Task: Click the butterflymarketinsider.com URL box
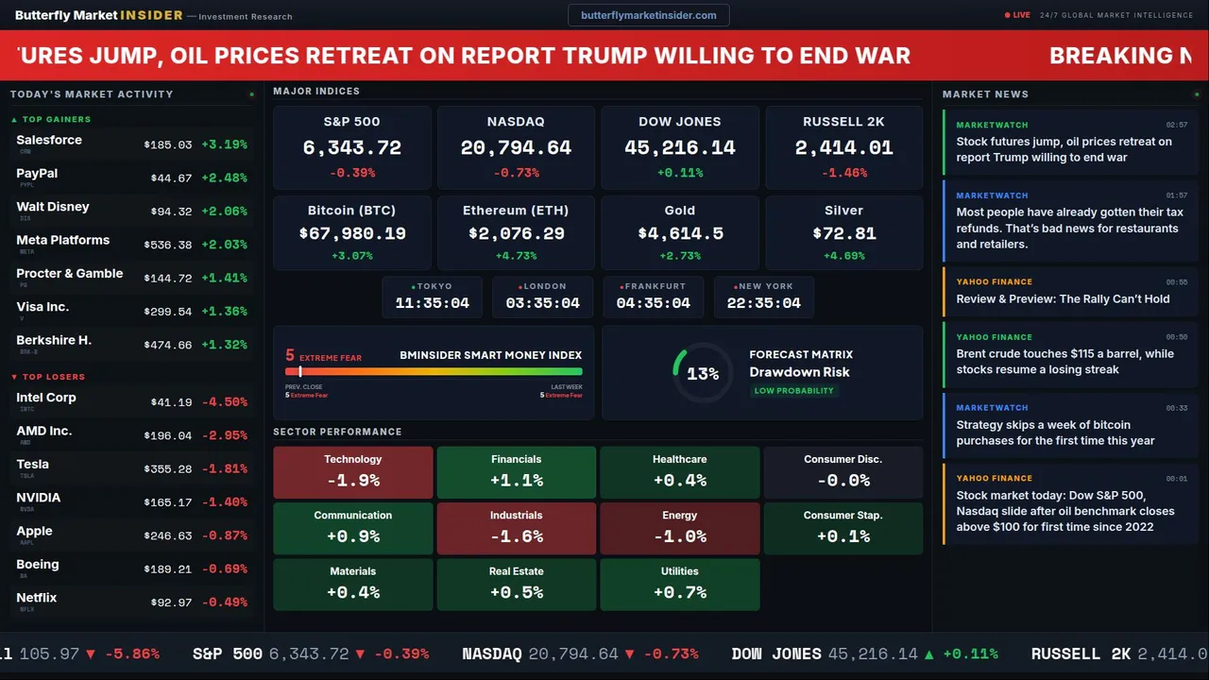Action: pos(648,15)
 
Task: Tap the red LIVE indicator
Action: pos(1019,15)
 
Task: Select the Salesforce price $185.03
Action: pos(168,145)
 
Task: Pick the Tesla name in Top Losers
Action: pos(33,465)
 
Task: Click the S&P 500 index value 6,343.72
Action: pos(351,148)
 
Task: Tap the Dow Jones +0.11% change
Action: pos(679,173)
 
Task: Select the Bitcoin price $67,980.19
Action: pos(351,233)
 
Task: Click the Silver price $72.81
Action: pos(843,233)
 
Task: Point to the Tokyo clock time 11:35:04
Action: pos(432,303)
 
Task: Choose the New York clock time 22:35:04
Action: pos(763,303)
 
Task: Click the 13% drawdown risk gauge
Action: pos(703,374)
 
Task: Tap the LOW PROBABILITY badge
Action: pos(793,391)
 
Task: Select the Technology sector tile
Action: pos(352,471)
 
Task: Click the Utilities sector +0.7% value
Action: pos(679,592)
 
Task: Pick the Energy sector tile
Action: pos(679,528)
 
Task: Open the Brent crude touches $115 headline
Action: pos(1064,362)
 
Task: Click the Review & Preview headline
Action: pos(1063,298)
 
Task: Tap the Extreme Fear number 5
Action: pos(290,356)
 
